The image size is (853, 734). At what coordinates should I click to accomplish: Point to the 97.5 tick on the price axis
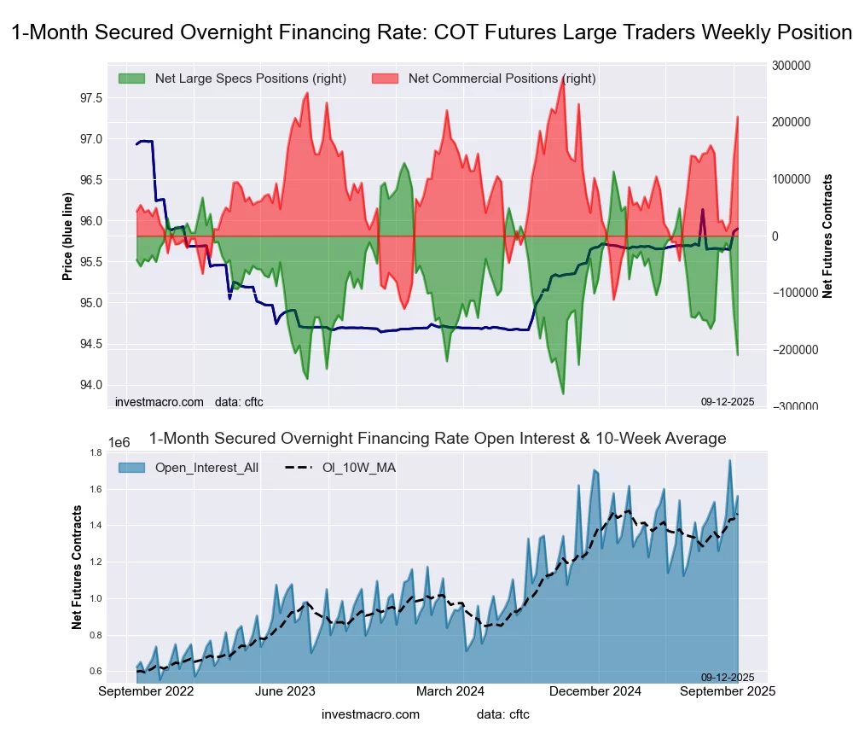click(91, 98)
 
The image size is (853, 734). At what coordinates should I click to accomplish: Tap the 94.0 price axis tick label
click(91, 384)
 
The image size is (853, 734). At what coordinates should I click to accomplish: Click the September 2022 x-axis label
click(146, 690)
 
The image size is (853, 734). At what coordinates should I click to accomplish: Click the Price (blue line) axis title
click(68, 236)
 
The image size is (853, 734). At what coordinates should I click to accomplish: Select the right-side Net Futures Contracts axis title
click(827, 236)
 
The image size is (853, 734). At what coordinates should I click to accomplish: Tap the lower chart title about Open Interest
click(438, 439)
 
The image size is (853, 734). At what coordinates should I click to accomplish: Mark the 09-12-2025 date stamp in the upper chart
click(728, 401)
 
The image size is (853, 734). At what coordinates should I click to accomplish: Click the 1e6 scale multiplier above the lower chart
click(119, 442)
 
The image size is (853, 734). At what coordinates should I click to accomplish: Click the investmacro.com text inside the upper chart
click(160, 402)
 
